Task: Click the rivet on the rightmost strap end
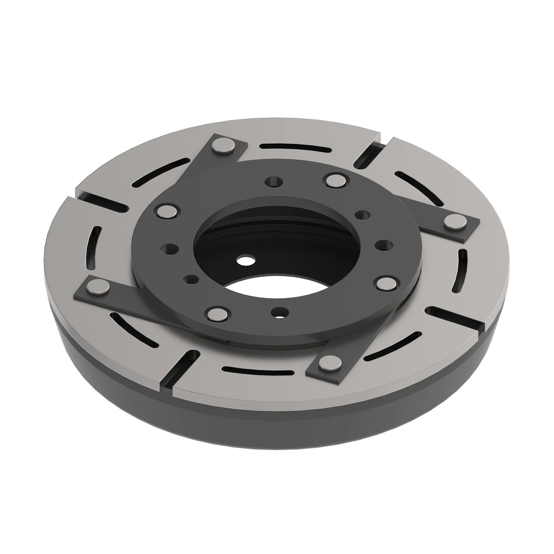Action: (x=455, y=222)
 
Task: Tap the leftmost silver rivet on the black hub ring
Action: (x=165, y=211)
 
